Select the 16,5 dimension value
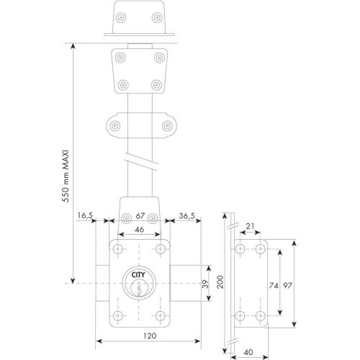[85, 215]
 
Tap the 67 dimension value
[140, 215]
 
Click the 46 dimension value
[140, 229]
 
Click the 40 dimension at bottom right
[248, 353]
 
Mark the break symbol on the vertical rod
[140, 161]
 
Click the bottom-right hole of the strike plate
[260, 316]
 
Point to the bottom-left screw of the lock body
[117, 317]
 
